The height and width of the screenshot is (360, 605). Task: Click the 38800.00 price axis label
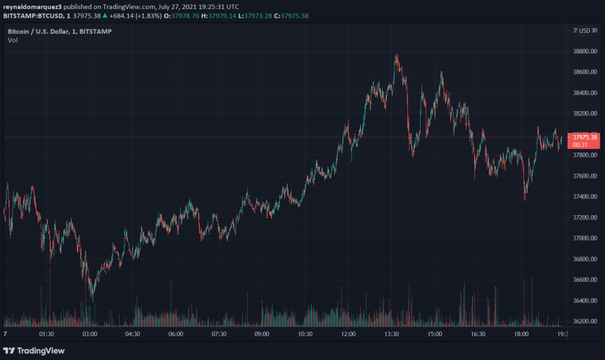[x=585, y=51]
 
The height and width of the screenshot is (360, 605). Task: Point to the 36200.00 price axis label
[x=585, y=321]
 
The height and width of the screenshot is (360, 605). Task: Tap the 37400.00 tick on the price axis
[x=585, y=197]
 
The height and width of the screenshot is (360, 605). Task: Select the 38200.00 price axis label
[x=585, y=114]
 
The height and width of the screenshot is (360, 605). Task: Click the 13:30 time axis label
[x=391, y=335]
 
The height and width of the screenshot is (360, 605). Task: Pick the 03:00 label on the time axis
[x=89, y=335]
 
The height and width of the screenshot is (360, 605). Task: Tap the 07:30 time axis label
[x=219, y=335]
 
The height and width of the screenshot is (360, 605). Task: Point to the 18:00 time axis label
[x=521, y=335]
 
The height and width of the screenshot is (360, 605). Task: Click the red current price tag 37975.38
[x=585, y=137]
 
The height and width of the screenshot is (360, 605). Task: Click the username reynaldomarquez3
[x=32, y=6]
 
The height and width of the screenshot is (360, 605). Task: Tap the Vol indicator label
[x=13, y=41]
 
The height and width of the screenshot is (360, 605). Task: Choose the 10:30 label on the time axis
[x=305, y=335]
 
